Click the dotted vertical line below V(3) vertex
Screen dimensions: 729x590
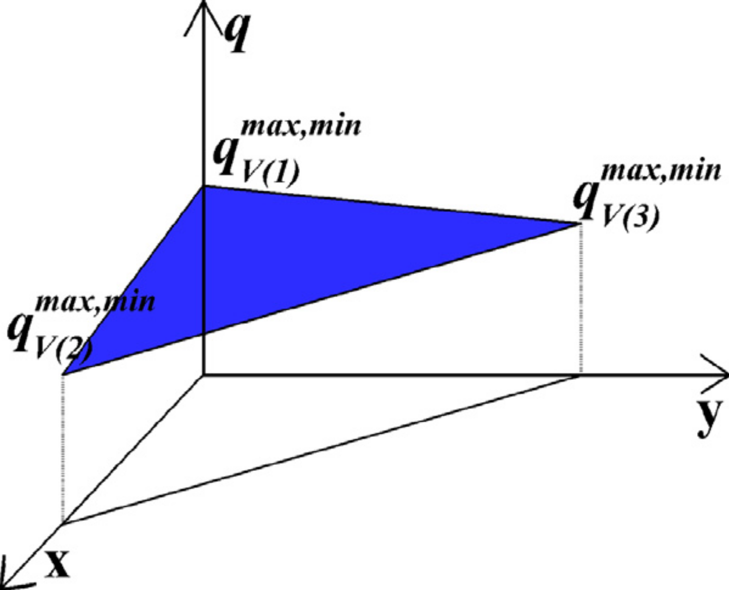click(x=581, y=299)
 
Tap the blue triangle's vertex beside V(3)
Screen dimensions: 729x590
click(x=580, y=223)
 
